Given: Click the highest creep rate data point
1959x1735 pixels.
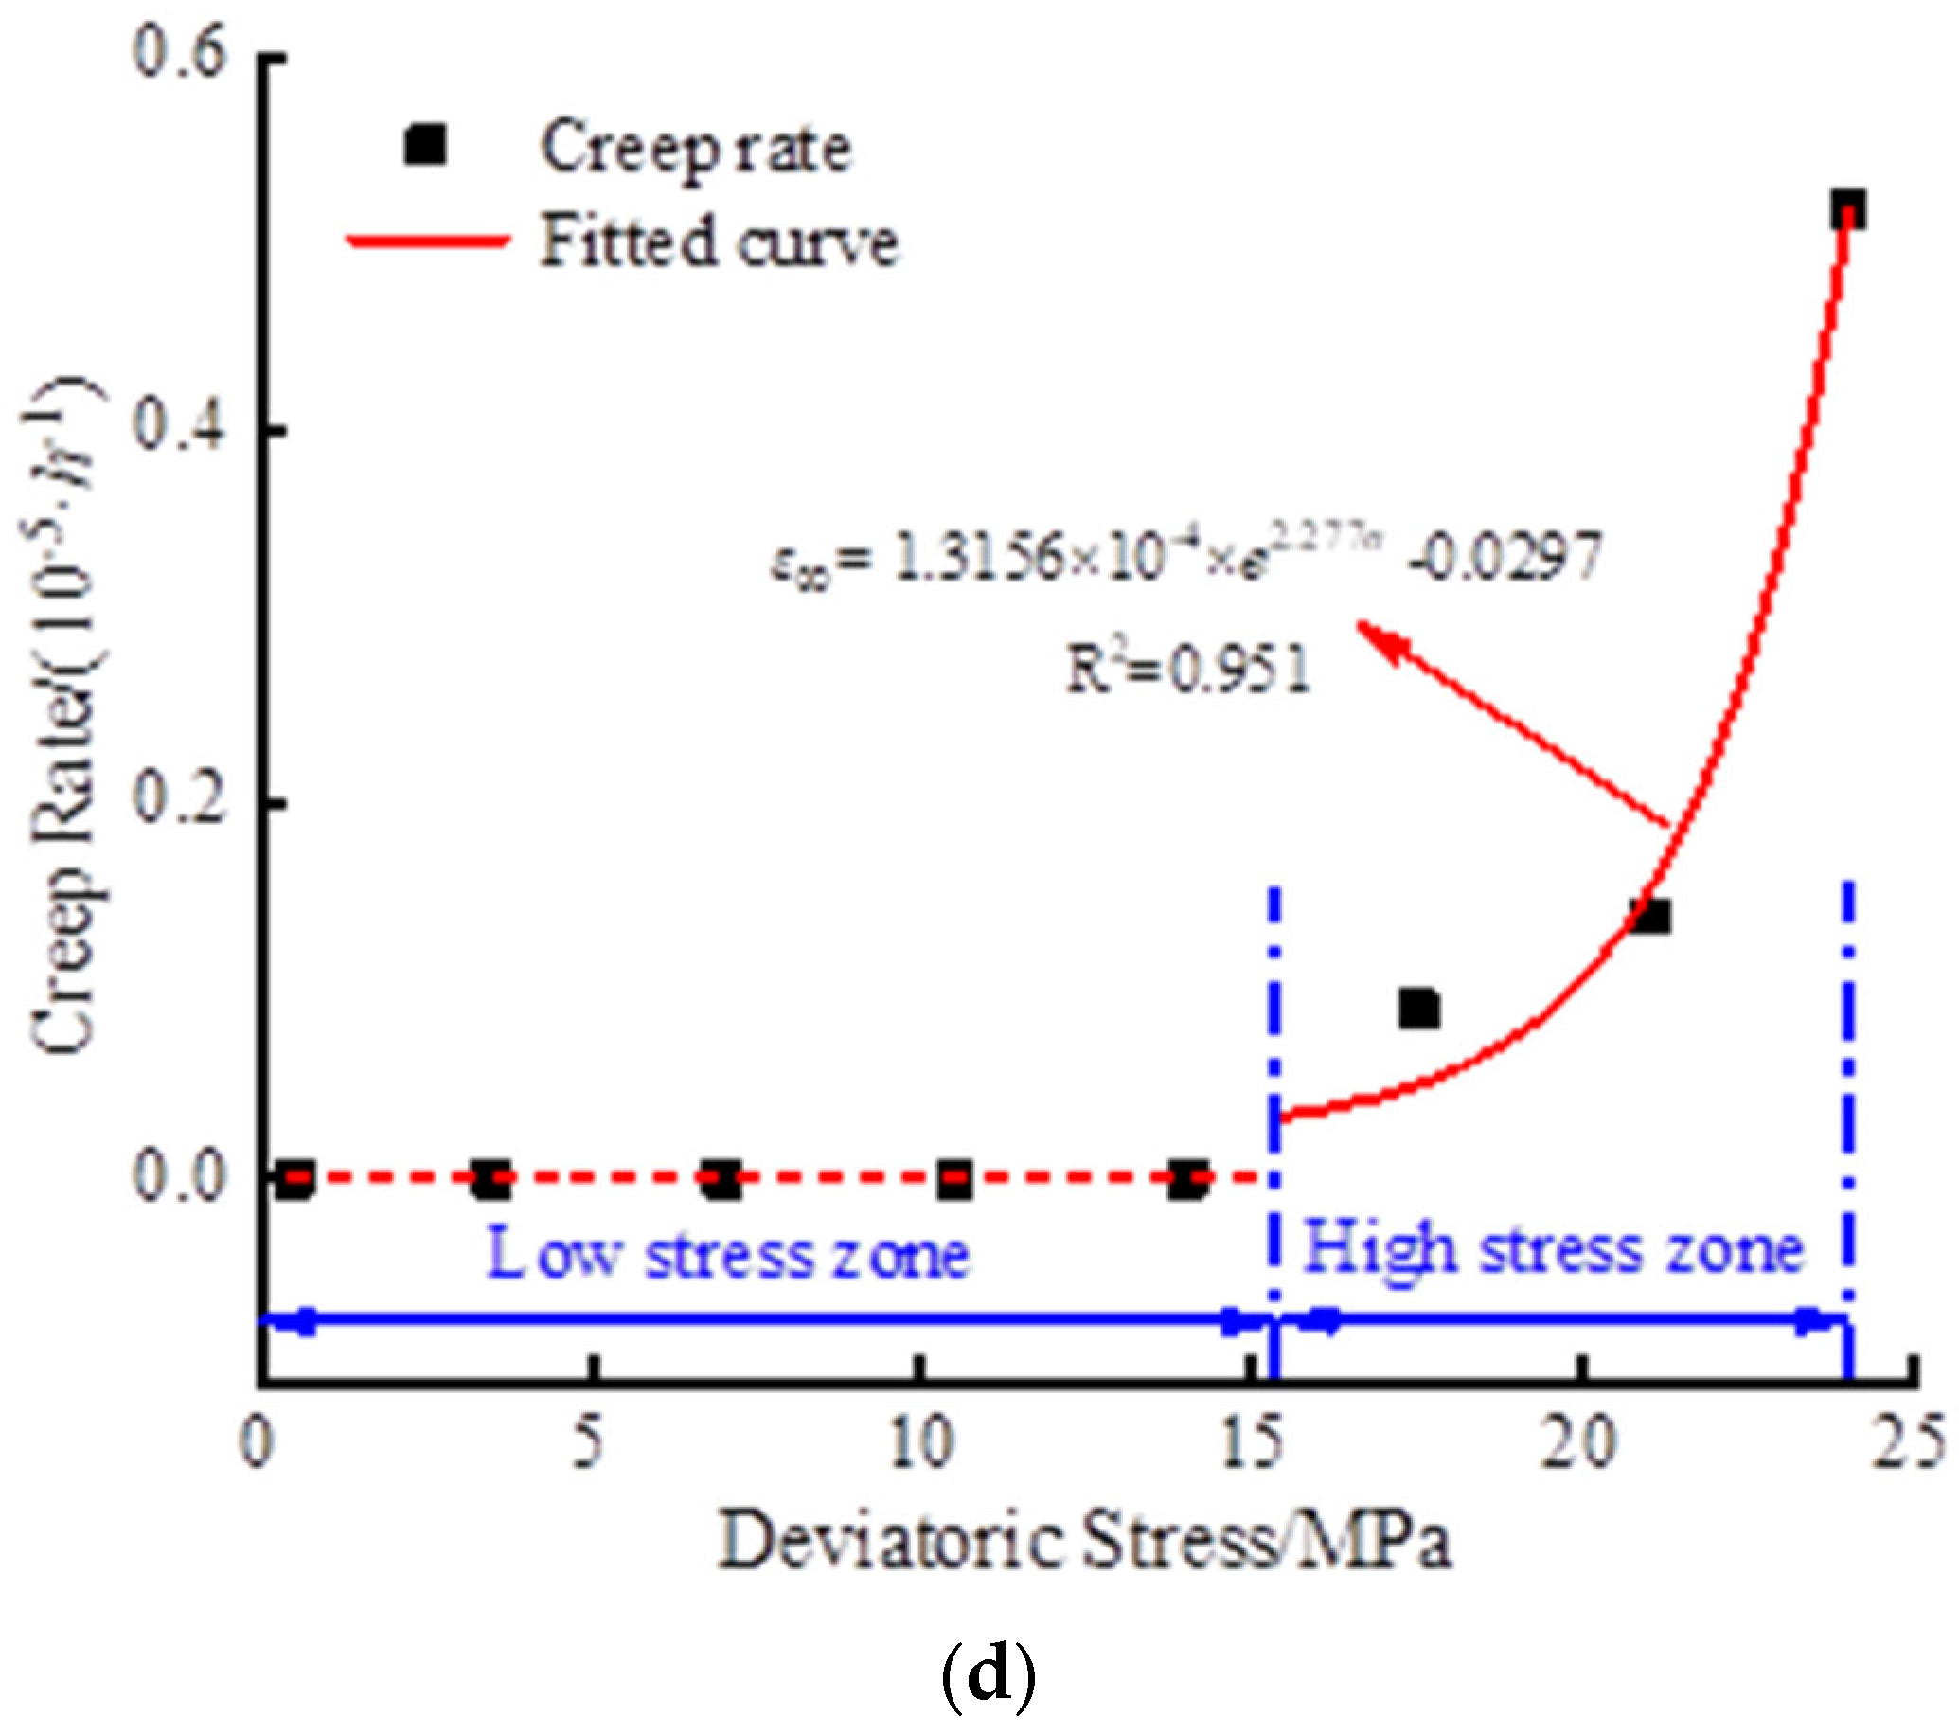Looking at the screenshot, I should [1848, 209].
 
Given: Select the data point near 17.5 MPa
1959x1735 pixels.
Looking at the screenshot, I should [1418, 1009].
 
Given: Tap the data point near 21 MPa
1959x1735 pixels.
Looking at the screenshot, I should [1651, 917].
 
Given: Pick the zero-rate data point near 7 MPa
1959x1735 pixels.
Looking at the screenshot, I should [721, 1179].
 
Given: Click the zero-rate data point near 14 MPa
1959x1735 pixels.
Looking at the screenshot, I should [1187, 1179].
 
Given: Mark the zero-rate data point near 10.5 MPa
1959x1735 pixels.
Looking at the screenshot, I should [954, 1179].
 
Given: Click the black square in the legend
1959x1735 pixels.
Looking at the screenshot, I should [425, 147].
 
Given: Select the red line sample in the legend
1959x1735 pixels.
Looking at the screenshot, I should [428, 241].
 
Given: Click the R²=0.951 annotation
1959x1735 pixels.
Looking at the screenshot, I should [1188, 668].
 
